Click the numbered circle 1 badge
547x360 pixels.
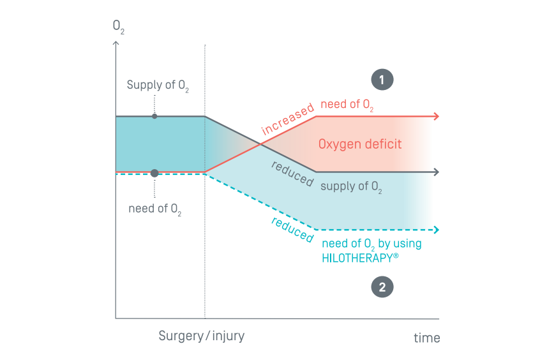coord(382,80)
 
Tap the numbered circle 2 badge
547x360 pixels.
coord(382,287)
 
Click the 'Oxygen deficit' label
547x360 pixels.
coord(360,144)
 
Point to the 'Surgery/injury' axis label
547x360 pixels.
coord(202,336)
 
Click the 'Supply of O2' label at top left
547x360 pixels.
coord(154,86)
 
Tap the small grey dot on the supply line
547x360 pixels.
coord(154,116)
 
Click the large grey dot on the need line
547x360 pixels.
coord(154,173)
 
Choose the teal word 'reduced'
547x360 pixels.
coord(293,230)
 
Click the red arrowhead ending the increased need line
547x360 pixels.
coord(436,116)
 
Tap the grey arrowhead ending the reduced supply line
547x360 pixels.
coord(436,172)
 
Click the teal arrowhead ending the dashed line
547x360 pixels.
coord(436,229)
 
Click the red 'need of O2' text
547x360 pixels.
coord(347,105)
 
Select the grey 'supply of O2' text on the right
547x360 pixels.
coord(351,187)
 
